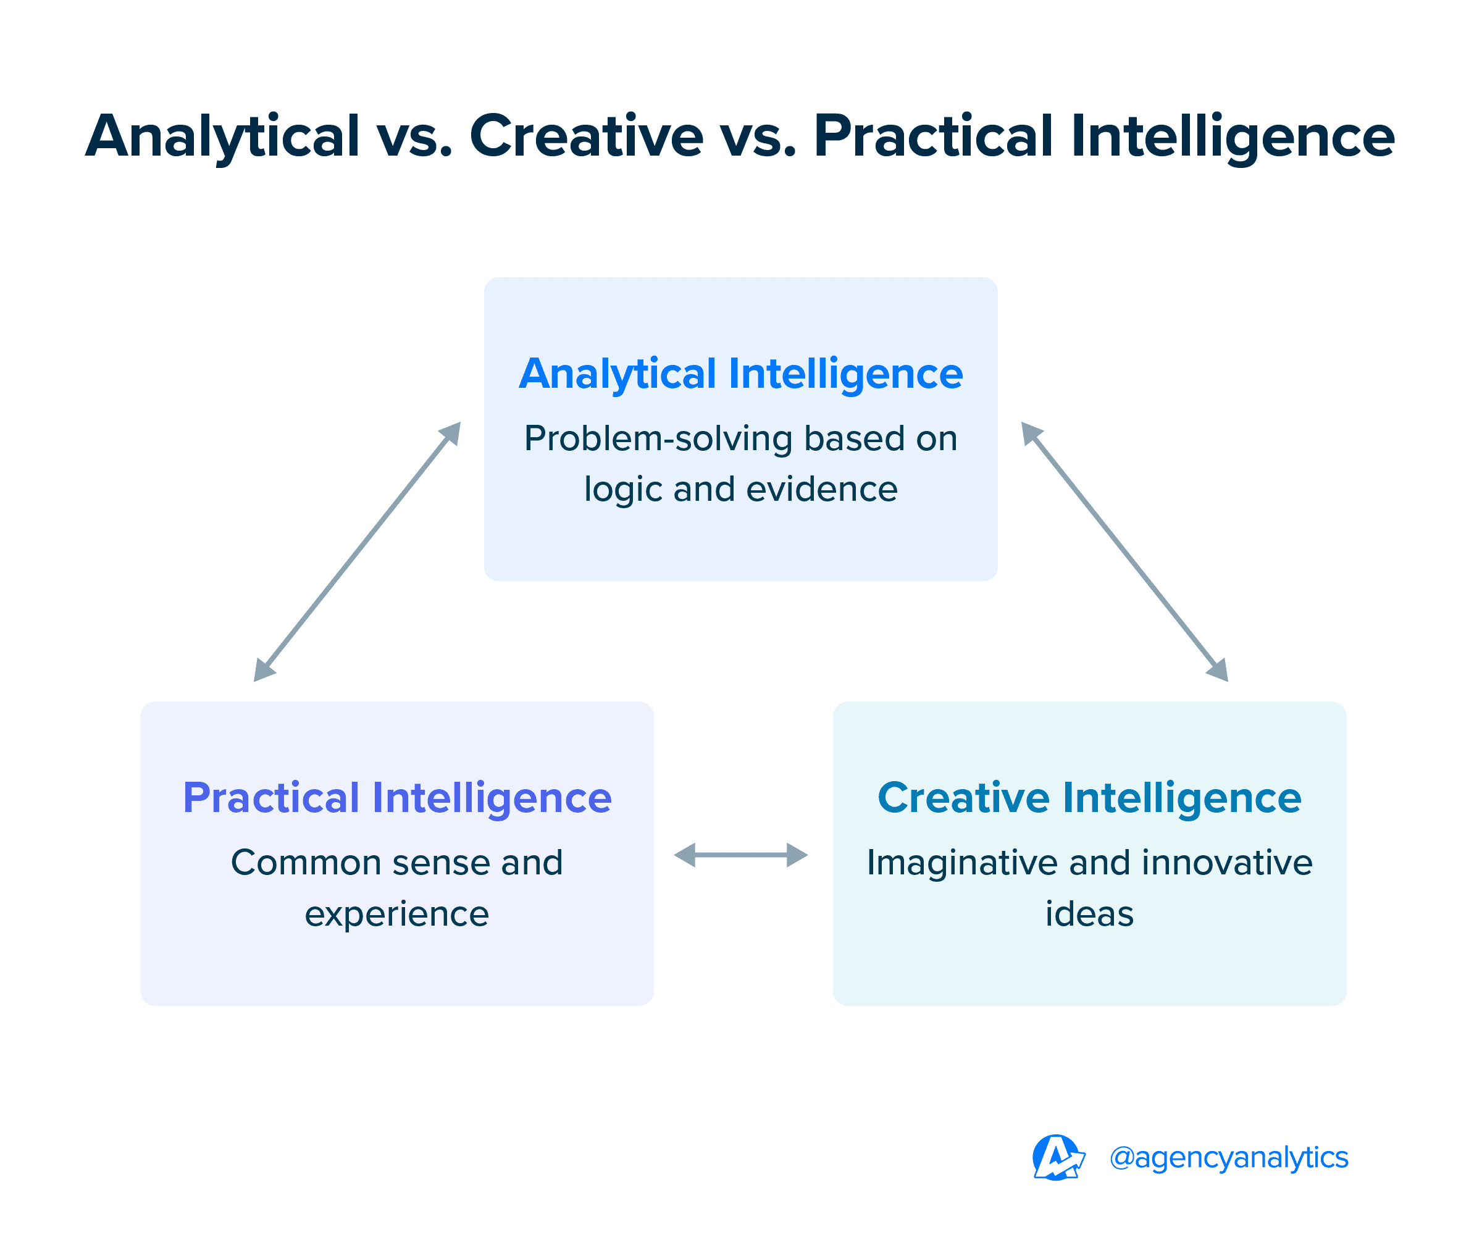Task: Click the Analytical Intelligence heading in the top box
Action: [x=740, y=374]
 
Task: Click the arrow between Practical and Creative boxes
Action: [x=740, y=855]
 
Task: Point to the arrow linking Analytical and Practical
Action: [x=356, y=552]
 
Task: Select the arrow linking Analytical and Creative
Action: [x=1124, y=552]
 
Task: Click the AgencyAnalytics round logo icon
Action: [x=1057, y=1157]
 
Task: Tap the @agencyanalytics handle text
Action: [x=1228, y=1157]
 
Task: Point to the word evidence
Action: [x=821, y=489]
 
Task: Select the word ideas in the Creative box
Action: [x=1089, y=913]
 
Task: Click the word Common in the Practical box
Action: [x=306, y=863]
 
